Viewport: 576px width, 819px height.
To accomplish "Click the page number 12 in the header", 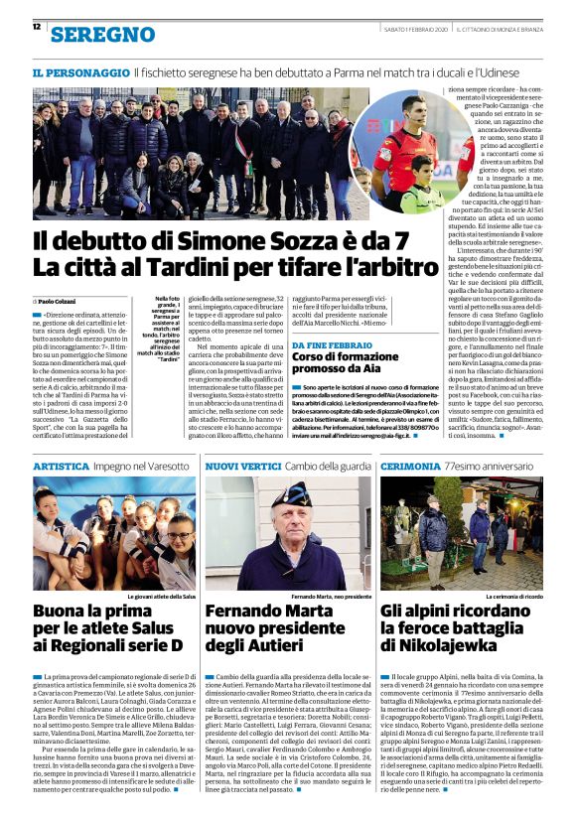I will coord(37,28).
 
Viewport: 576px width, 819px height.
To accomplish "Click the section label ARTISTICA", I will coord(66,465).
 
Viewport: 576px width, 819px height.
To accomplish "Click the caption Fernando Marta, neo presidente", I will coord(332,597).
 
